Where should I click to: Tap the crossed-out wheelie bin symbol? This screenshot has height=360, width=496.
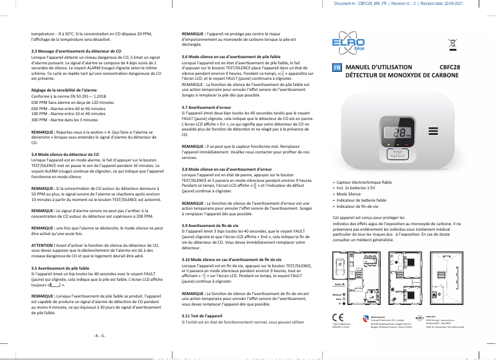tap(452, 44)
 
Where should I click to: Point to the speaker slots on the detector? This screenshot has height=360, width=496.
tap(432, 131)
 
